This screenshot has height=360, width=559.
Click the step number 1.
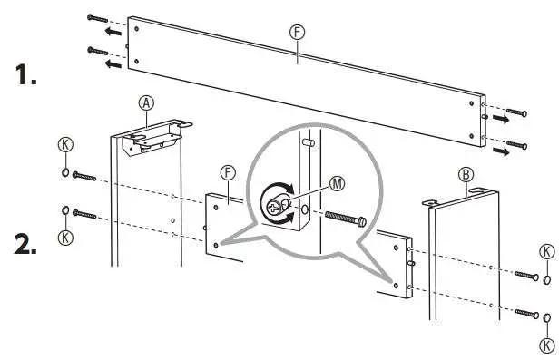[x=25, y=77]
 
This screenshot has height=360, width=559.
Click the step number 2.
[x=25, y=244]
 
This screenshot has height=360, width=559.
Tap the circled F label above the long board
[x=297, y=33]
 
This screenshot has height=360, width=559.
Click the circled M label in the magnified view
[x=338, y=183]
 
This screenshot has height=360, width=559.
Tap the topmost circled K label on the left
[x=65, y=145]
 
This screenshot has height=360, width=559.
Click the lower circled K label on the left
[x=64, y=238]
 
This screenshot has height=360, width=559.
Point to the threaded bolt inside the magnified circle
[x=340, y=218]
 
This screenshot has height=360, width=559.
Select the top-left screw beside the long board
[x=98, y=17]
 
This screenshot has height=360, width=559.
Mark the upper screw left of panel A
[x=84, y=174]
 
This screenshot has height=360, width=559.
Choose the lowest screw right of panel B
[x=527, y=314]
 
